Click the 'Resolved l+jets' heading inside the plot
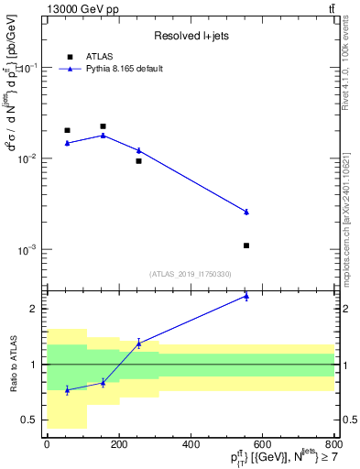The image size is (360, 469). click(x=191, y=36)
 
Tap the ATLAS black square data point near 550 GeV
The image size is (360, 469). click(x=246, y=245)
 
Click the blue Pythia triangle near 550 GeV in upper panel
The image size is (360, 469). click(x=246, y=212)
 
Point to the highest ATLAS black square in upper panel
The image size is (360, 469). click(x=103, y=126)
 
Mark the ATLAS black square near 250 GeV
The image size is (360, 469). click(x=138, y=161)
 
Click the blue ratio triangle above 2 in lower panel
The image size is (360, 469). click(x=246, y=296)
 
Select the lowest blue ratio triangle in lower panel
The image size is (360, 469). click(x=67, y=389)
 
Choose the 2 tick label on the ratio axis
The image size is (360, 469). click(x=33, y=309)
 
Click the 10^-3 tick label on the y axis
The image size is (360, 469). click(x=27, y=249)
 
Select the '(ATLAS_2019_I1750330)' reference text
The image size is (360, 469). click(x=191, y=274)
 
